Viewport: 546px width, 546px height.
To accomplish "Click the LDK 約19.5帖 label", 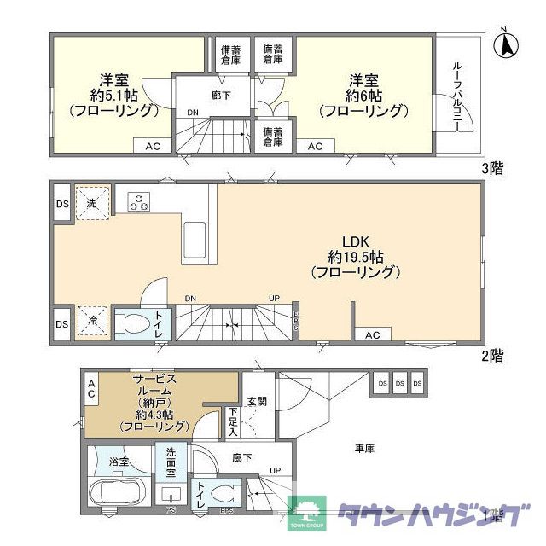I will pos(353,256).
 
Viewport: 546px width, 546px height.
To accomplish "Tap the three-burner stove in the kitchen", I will pos(139,202).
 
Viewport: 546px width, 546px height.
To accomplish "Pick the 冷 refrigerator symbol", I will pos(90,322).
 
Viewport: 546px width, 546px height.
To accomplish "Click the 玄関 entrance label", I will pos(257,401).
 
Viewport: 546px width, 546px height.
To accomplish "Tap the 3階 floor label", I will pos(491,168).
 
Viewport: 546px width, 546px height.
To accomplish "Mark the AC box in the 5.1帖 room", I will pos(152,147).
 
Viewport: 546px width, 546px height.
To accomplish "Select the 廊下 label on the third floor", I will pos(221,96).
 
